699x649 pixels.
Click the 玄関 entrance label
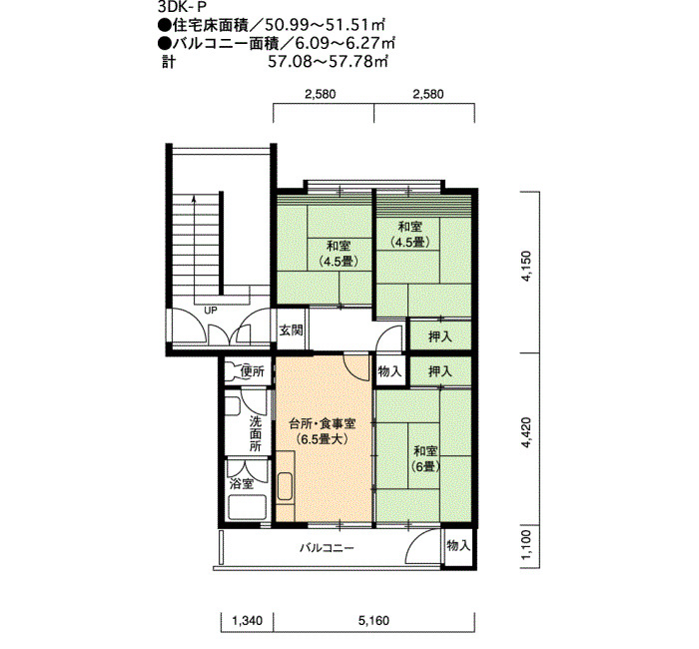coord(292,330)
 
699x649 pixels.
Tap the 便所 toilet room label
coord(253,370)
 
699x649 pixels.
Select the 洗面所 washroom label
coord(255,433)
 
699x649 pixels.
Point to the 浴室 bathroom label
coord(242,483)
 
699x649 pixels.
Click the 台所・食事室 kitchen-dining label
coord(323,423)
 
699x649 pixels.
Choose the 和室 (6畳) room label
coord(425,458)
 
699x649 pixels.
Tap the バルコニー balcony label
coord(327,547)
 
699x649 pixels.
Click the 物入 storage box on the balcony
coord(458,545)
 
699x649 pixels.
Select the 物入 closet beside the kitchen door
coord(389,371)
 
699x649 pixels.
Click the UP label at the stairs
coord(211,310)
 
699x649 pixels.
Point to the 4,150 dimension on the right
coord(527,267)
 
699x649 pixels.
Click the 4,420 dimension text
coord(527,432)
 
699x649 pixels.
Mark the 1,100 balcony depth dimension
coord(527,546)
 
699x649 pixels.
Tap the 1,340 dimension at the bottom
coord(247,620)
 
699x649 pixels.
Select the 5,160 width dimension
coord(373,620)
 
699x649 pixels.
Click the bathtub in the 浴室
coord(247,507)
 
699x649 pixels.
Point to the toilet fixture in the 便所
coord(233,372)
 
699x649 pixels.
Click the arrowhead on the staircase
coord(194,199)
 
